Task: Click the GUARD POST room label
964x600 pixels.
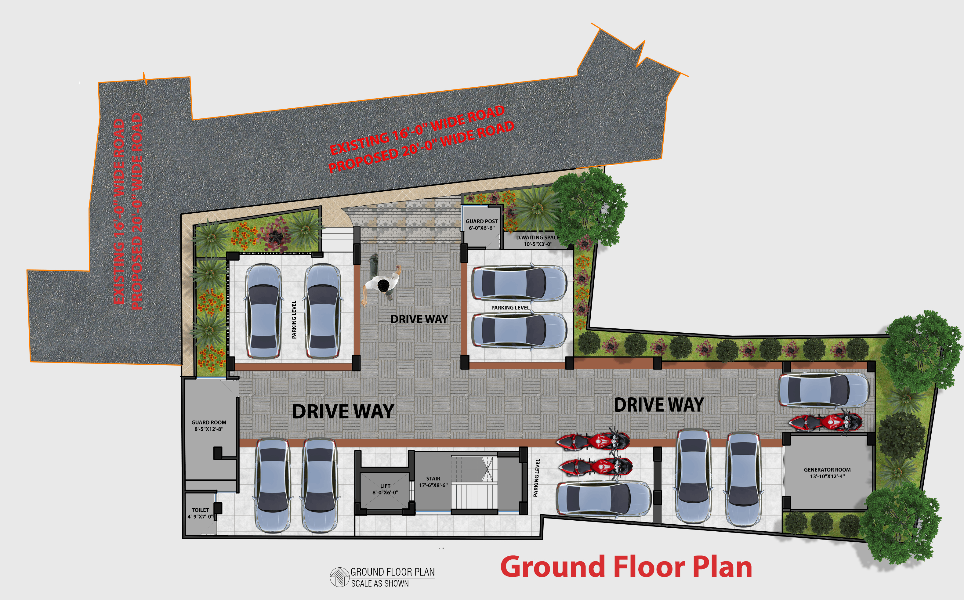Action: pos(481,225)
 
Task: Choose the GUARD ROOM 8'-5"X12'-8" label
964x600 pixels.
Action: pos(209,425)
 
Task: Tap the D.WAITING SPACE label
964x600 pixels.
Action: pos(538,240)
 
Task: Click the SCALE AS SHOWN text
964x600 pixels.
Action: pos(380,583)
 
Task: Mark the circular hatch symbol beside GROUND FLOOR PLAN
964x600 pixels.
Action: pos(339,577)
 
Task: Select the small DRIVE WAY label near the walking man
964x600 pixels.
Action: pos(419,319)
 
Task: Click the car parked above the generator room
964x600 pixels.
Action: pos(824,390)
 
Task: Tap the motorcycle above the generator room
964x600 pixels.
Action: pos(825,422)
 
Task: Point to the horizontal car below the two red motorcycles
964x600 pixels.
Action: pos(603,499)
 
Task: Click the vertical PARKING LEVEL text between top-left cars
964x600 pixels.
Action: pos(294,320)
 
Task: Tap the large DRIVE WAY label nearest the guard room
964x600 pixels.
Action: pos(343,411)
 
